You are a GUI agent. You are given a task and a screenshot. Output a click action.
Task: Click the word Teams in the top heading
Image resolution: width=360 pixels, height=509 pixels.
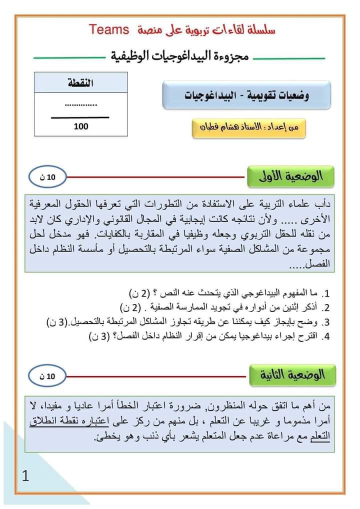110,29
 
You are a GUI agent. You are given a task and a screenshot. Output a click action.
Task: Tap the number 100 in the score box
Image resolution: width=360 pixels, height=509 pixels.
81,126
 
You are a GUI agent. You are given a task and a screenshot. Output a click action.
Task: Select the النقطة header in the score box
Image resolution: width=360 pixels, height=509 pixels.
81,82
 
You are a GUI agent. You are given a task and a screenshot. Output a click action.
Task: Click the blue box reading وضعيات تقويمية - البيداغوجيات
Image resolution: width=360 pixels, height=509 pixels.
247,95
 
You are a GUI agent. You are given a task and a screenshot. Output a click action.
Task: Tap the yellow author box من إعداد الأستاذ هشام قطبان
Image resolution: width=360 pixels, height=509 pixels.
248,127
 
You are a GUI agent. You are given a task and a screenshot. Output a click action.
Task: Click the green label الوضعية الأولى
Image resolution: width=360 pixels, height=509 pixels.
291,176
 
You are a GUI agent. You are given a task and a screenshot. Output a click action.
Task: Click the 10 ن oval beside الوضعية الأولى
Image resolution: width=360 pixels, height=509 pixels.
47,176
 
